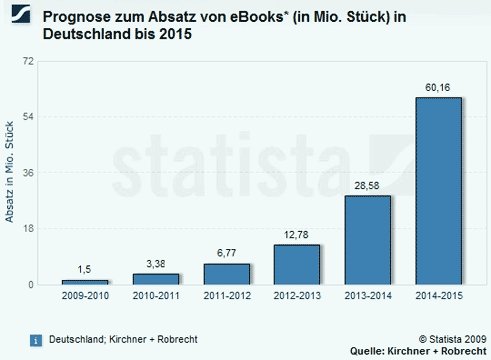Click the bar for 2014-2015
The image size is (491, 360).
438,190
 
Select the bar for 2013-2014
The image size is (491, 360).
367,240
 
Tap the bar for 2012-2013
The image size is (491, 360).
297,264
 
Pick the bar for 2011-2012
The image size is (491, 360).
227,274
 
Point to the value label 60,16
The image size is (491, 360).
438,87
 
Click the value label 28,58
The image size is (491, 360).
367,186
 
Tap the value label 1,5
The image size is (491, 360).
85,270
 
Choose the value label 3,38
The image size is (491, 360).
156,264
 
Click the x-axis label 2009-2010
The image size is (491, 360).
85,297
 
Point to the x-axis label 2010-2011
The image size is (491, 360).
156,297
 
